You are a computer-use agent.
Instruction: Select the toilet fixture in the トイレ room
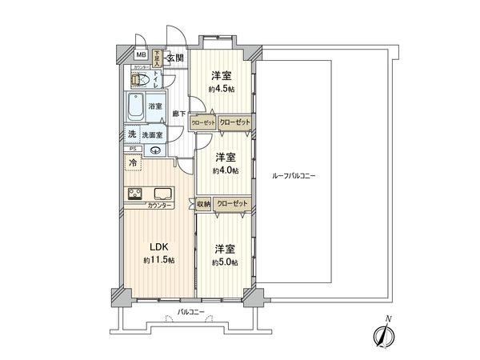click(x=139, y=78)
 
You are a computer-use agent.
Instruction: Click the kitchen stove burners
click(x=134, y=194)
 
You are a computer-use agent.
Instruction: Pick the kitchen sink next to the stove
click(x=161, y=194)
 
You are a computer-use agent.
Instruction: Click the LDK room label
click(x=157, y=248)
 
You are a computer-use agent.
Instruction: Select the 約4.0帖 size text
click(x=223, y=170)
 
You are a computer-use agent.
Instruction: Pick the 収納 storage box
click(x=203, y=204)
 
